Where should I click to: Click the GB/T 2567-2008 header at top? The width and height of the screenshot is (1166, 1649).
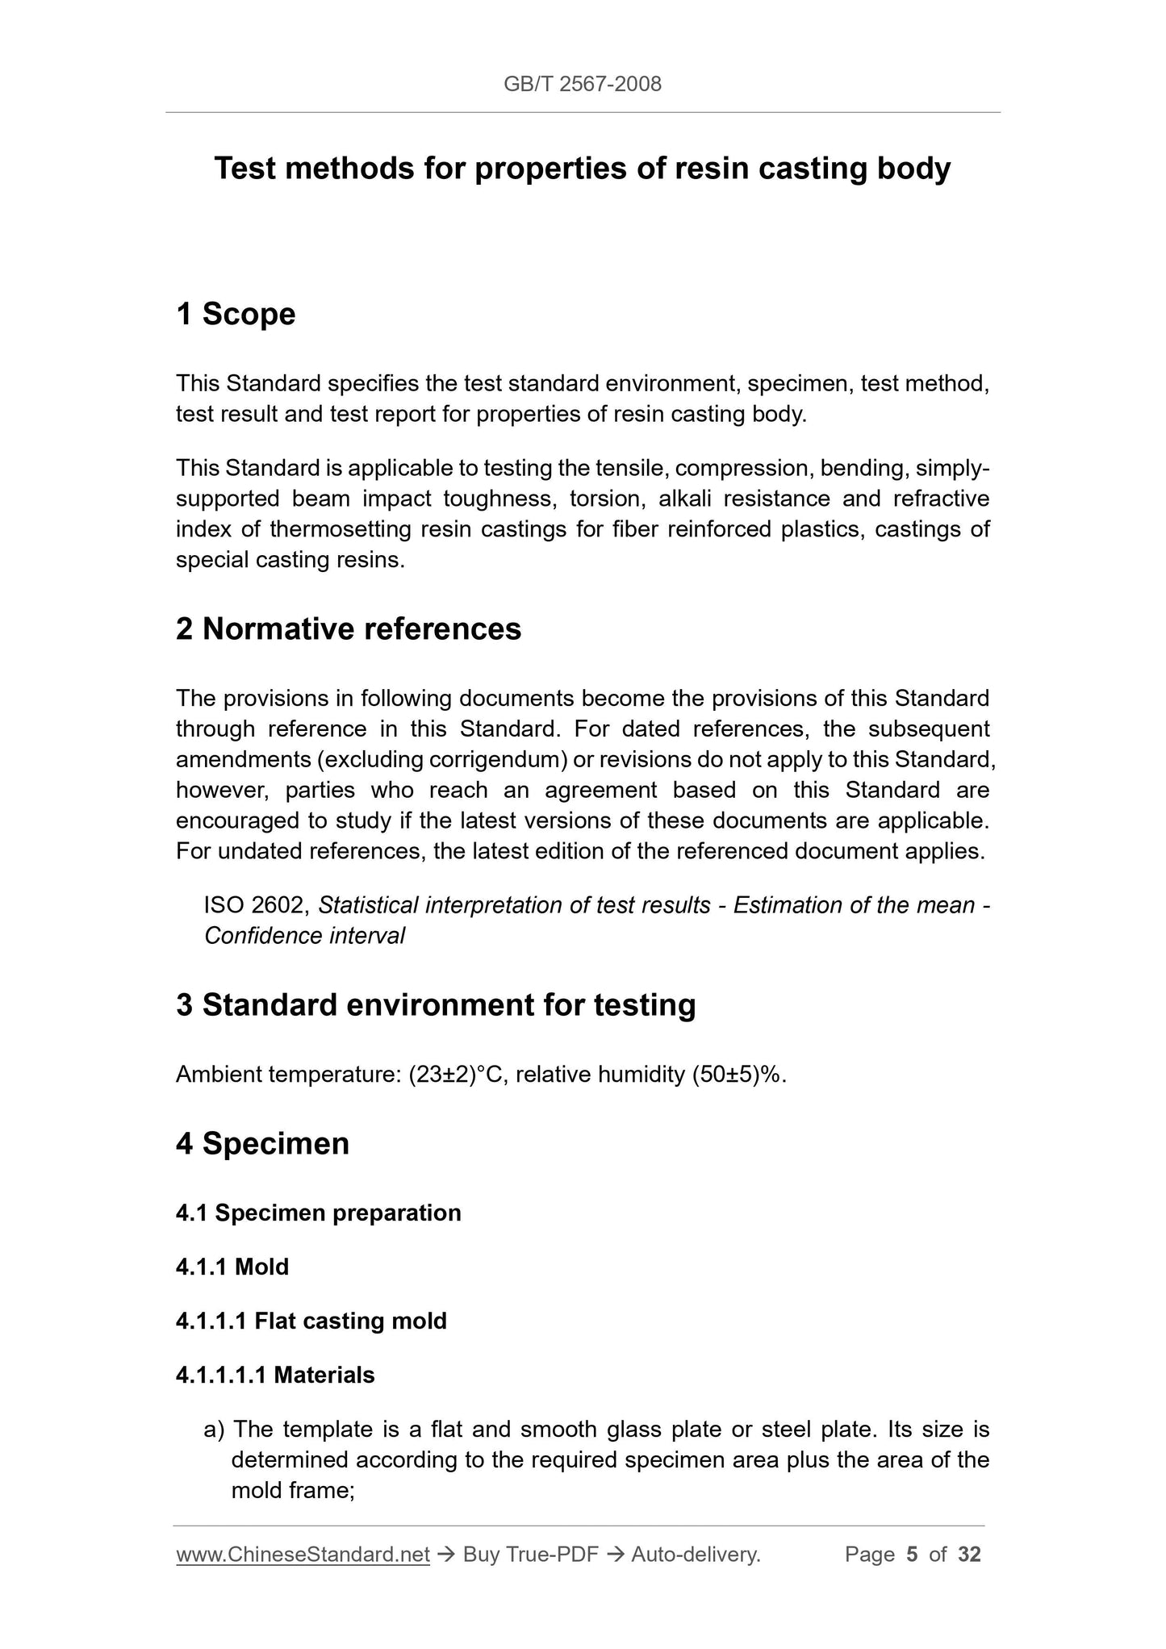pos(582,84)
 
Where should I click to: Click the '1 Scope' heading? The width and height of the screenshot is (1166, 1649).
pos(236,314)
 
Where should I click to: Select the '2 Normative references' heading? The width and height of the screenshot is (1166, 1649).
pos(349,629)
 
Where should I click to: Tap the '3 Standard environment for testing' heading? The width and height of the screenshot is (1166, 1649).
pos(436,1005)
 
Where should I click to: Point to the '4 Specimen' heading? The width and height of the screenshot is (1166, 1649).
pos(262,1143)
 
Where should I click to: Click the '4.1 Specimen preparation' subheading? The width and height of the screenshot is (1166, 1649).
pos(318,1213)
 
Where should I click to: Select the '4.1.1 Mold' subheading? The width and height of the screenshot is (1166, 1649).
pos(232,1267)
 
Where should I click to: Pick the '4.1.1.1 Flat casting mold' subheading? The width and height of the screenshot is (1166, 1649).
pos(311,1321)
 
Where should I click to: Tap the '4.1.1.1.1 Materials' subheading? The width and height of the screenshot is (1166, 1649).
pos(275,1375)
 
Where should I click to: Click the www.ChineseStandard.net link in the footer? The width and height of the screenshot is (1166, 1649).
pos(303,1554)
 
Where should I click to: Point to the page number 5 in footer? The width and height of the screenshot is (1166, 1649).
pos(912,1554)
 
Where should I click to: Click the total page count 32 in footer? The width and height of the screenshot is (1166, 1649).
pos(969,1554)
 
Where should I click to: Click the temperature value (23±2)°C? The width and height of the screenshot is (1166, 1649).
pos(457,1075)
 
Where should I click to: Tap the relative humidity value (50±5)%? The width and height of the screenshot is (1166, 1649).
pos(738,1075)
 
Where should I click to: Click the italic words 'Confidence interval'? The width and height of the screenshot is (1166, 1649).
pos(304,936)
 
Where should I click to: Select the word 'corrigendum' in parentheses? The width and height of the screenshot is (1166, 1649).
pos(497,759)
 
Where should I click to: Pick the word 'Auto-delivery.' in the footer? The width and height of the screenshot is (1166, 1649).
pos(696,1554)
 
